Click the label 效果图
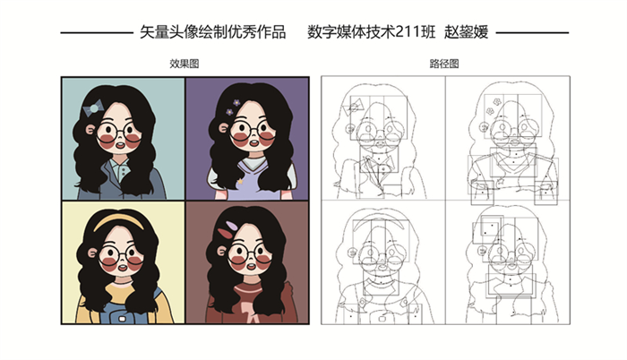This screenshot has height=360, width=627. (184, 64)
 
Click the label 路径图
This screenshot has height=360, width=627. (444, 64)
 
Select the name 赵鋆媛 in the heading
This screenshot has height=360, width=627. (467, 32)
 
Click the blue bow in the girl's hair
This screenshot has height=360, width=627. (93, 108)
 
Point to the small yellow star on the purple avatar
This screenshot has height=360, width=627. (240, 181)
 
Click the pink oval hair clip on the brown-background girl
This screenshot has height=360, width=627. (231, 226)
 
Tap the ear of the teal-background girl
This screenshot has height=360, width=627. (90, 130)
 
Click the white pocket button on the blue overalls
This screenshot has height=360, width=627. (122, 319)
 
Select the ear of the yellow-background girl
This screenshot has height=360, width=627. (92, 253)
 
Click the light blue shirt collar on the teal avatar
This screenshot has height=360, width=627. (121, 168)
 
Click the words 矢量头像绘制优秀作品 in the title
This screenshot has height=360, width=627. (213, 32)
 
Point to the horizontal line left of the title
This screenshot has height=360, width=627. (97, 33)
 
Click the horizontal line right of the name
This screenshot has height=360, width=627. (532, 33)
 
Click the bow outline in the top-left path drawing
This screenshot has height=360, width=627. (353, 107)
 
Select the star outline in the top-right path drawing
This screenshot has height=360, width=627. (500, 183)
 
